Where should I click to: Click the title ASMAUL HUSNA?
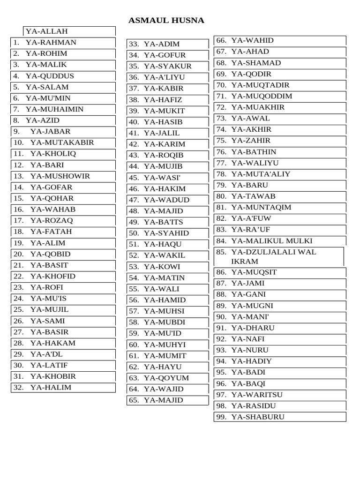pyautogui.click(x=166, y=21)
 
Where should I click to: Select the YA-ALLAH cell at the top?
pyautogui.click(x=47, y=31)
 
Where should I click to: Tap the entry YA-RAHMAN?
pyautogui.click(x=51, y=43)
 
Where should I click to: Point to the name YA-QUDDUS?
pyautogui.click(x=50, y=76)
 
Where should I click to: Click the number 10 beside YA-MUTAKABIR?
pyautogui.click(x=18, y=143)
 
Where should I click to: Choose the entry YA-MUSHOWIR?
pyautogui.click(x=60, y=176)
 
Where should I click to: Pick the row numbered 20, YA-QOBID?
pyautogui.click(x=50, y=254)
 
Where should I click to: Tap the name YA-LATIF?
pyautogui.click(x=49, y=365)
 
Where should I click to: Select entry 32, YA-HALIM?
pyautogui.click(x=51, y=388)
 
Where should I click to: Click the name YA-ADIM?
pyautogui.click(x=162, y=44)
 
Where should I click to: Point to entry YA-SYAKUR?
pyautogui.click(x=168, y=67)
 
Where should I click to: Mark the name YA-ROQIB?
pyautogui.click(x=164, y=155)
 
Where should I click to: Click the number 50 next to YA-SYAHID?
pyautogui.click(x=134, y=233)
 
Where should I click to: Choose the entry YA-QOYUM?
pyautogui.click(x=166, y=378)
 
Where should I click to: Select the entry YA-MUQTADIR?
pyautogui.click(x=260, y=85)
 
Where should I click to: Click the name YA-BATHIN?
pyautogui.click(x=254, y=152)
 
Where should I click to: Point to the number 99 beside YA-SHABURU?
pyautogui.click(x=221, y=417)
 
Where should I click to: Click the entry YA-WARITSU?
pyautogui.click(x=257, y=395)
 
